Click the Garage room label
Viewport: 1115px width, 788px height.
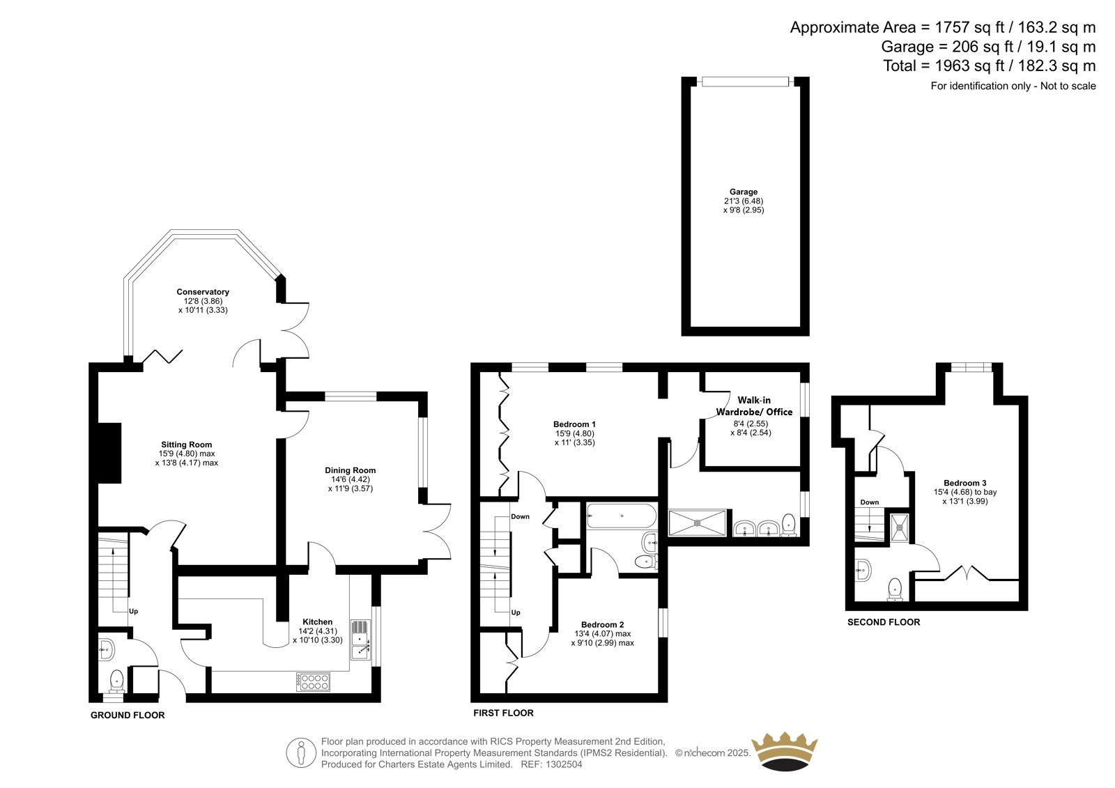(x=743, y=192)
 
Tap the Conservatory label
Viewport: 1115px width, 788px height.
(x=203, y=292)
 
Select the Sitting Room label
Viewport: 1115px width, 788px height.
(x=186, y=445)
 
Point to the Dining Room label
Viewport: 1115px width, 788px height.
(x=350, y=470)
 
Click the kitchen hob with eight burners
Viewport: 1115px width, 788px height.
(x=313, y=682)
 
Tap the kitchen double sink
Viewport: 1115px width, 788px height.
(x=361, y=640)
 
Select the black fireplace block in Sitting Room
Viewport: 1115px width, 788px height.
(x=109, y=453)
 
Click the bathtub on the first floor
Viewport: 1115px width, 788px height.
(x=621, y=516)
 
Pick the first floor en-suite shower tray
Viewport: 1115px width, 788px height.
(x=697, y=523)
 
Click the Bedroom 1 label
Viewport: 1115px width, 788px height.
(x=574, y=424)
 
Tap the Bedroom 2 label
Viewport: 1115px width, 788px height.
(x=602, y=625)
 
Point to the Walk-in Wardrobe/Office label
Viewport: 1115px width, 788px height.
(x=753, y=405)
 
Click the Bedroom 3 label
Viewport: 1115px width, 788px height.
(x=964, y=483)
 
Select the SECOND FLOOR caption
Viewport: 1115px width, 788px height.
(x=884, y=622)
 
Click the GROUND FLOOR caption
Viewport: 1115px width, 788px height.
(x=128, y=716)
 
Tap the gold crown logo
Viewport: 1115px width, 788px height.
(x=785, y=751)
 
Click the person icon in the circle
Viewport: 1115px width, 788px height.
(x=301, y=752)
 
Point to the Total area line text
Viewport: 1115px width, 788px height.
(x=990, y=65)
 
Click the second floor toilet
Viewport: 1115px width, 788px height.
(x=895, y=589)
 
